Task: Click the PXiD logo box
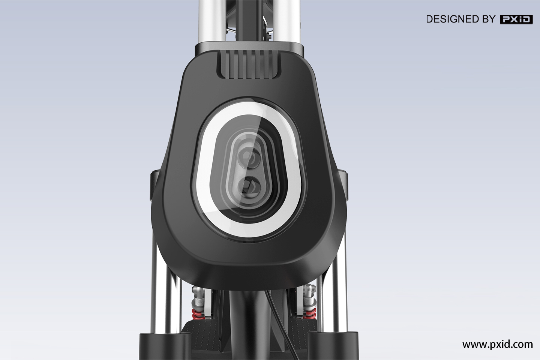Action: pyautogui.click(x=517, y=19)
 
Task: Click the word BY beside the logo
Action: pyautogui.click(x=488, y=19)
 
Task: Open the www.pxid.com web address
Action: pyautogui.click(x=497, y=344)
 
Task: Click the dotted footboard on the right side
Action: pyautogui.click(x=300, y=337)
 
